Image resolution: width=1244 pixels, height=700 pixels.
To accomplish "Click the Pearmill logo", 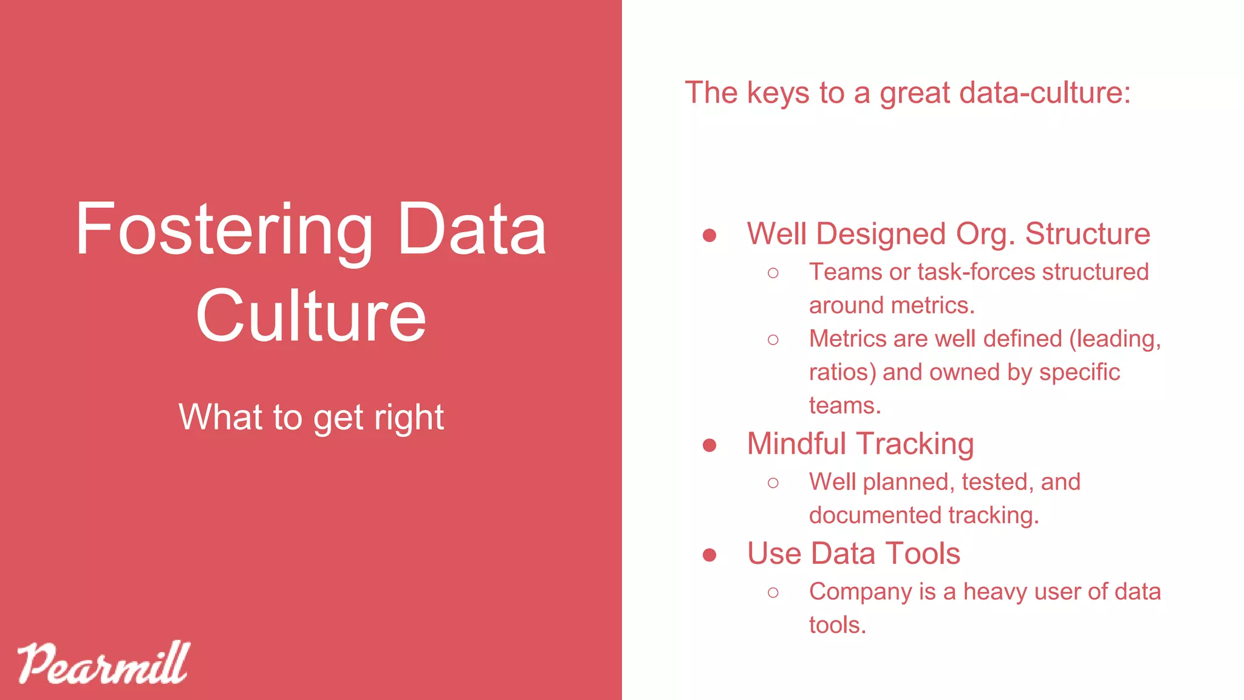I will pos(103,664).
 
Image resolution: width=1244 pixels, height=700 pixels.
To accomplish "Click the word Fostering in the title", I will pos(224,230).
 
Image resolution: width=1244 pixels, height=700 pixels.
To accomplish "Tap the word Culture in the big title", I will pos(311,316).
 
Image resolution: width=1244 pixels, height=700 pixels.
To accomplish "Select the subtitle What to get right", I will pos(311,417).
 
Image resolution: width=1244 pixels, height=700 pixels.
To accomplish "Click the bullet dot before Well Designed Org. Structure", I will pos(709,235).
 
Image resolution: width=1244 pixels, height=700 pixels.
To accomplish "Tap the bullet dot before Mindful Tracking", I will pos(709,445).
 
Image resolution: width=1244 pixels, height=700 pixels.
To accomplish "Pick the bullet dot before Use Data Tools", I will pos(709,555).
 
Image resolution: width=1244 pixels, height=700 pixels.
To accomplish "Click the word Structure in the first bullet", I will pos(1087,234).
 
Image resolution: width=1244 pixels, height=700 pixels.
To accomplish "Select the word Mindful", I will pos(796,444).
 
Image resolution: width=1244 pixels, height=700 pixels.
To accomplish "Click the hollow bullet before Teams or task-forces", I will pos(773,273).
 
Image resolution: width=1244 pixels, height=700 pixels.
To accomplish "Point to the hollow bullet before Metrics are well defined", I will pos(773,340).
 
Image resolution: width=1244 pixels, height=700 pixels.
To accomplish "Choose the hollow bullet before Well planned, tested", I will pos(773,483).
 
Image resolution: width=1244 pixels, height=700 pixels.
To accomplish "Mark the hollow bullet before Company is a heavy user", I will pos(773,592).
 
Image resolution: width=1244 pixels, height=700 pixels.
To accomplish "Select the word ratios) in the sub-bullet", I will pos(842,372).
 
